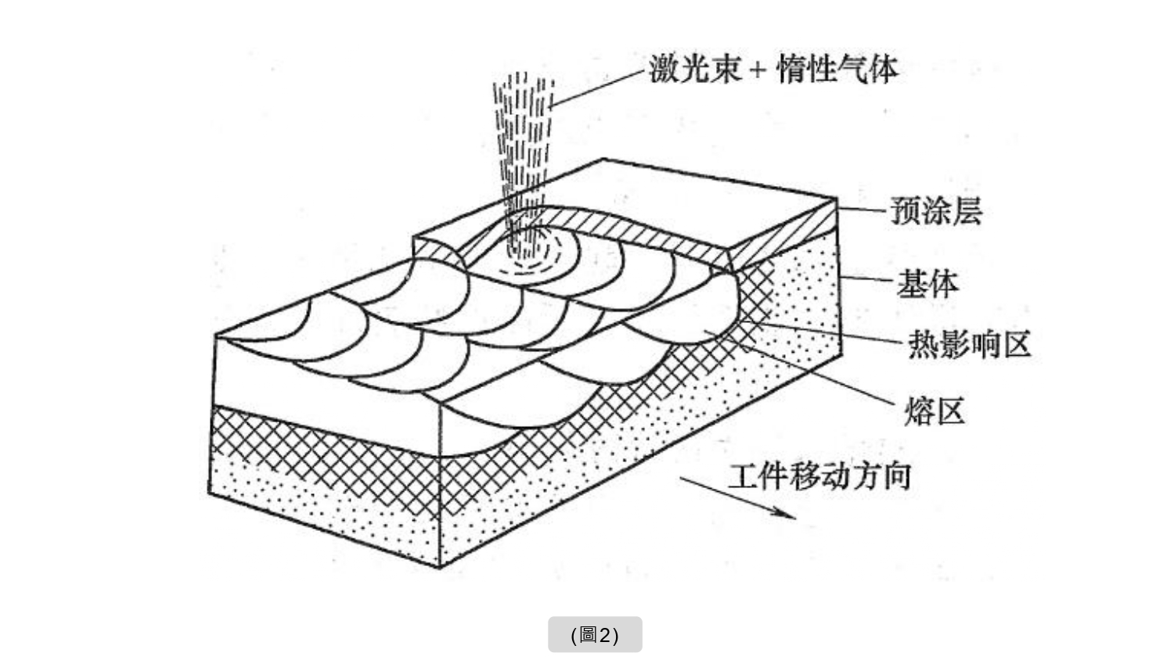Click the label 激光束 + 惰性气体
click(x=773, y=69)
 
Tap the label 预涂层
click(x=936, y=211)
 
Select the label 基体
click(x=927, y=284)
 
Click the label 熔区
click(x=935, y=411)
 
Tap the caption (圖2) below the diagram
click(x=595, y=634)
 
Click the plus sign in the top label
click(x=757, y=70)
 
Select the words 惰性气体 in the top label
click(x=837, y=69)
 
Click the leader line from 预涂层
click(x=864, y=210)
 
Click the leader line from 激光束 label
click(x=599, y=88)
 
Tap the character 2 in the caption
click(x=604, y=634)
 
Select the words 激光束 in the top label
click(x=695, y=69)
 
